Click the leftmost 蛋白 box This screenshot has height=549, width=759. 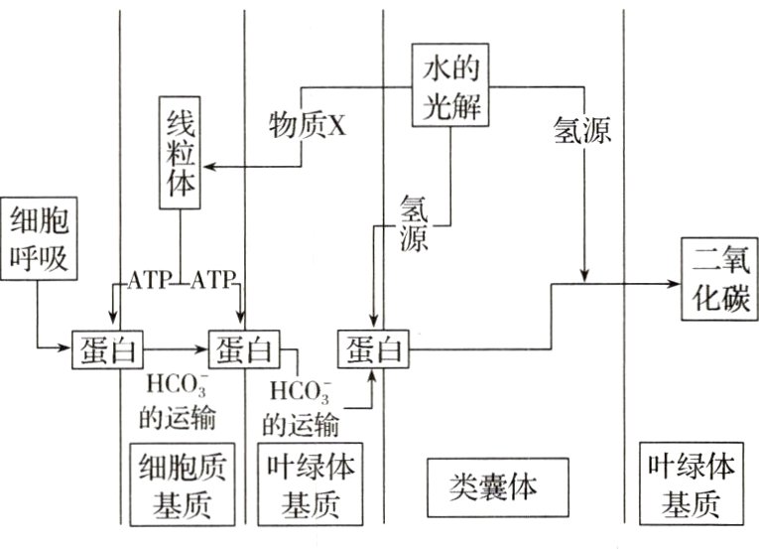pyautogui.click(x=107, y=348)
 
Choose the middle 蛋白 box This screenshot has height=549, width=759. pyautogui.click(x=243, y=348)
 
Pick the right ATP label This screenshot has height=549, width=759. pyautogui.click(x=213, y=280)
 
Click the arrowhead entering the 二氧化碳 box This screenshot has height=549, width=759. pyautogui.click(x=673, y=283)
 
